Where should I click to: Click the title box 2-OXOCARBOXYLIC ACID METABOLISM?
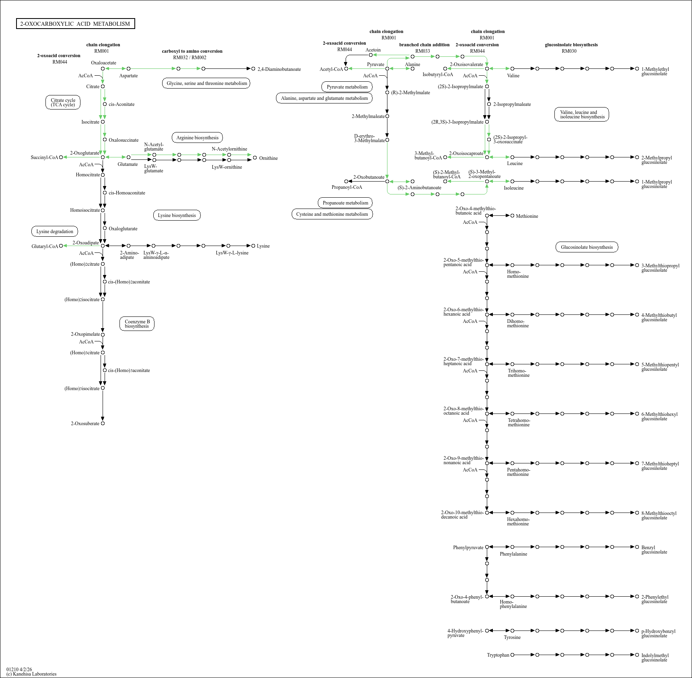click(75, 24)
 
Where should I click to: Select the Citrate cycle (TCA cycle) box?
click(63, 103)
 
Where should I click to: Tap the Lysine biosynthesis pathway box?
click(177, 215)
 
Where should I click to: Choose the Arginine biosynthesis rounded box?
click(197, 138)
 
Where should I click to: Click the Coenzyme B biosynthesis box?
click(137, 324)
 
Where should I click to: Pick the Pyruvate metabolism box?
click(347, 87)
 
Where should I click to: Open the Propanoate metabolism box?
click(345, 203)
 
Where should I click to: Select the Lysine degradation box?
click(55, 232)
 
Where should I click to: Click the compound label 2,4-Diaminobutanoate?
click(279, 69)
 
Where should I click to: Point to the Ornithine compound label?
click(268, 158)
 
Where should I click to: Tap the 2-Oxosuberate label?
click(85, 424)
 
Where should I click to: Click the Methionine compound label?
click(527, 216)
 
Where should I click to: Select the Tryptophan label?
click(498, 655)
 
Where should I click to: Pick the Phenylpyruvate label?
click(468, 548)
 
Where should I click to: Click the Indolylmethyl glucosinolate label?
click(655, 657)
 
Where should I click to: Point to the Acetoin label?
click(373, 50)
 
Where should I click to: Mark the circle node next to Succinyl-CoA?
click(61, 157)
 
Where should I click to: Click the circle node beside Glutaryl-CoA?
click(61, 246)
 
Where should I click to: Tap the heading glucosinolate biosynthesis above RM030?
click(571, 45)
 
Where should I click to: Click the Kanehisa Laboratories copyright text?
click(31, 674)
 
